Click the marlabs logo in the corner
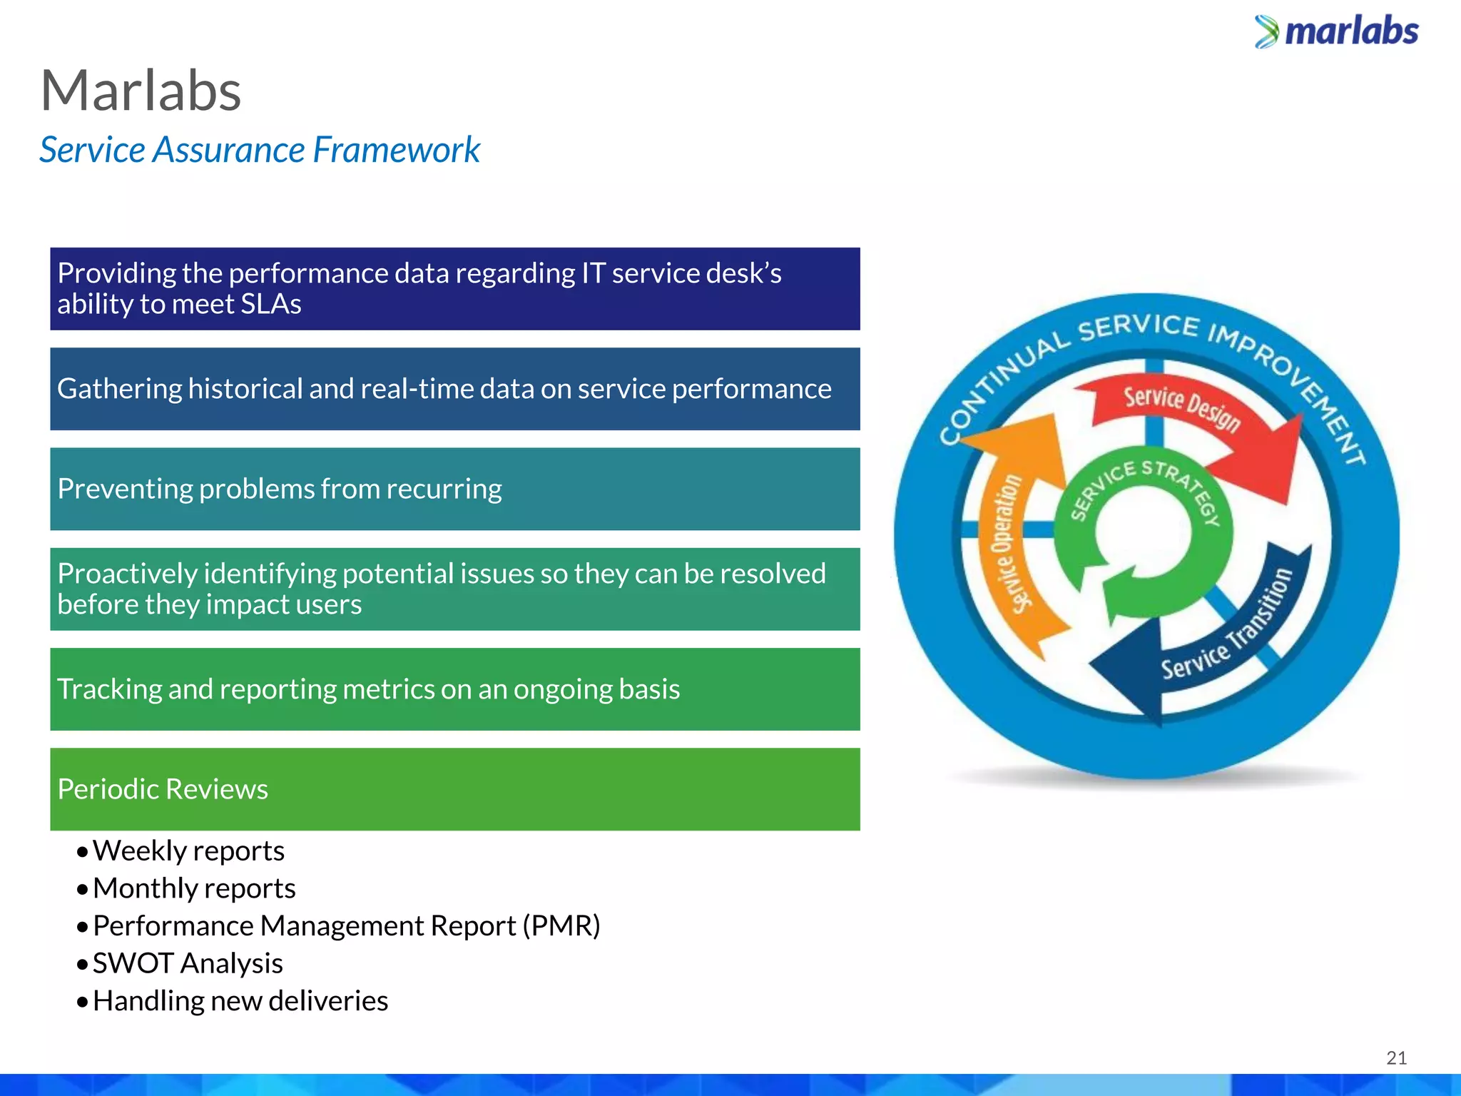click(1336, 32)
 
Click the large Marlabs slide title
click(141, 91)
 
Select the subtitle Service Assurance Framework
click(260, 150)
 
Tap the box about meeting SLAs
click(454, 289)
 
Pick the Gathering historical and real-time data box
click(454, 389)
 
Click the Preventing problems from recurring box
click(454, 489)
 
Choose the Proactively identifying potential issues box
click(454, 589)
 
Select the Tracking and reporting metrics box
click(454, 689)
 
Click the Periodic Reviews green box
click(454, 789)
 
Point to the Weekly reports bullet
click(188, 851)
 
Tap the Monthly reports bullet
click(193, 888)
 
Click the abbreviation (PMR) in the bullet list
click(561, 926)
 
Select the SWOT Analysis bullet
click(188, 963)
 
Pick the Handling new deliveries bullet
click(240, 1001)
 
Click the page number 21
click(1396, 1057)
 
